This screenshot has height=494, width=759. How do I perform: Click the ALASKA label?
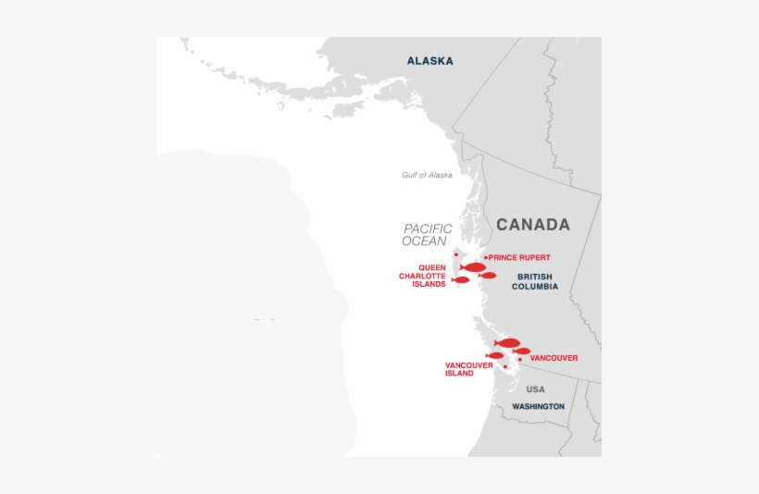coord(429,61)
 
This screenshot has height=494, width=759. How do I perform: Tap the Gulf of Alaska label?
coord(427,175)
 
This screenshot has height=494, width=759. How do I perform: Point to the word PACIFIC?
coord(428,228)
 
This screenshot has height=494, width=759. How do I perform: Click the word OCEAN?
coord(424,241)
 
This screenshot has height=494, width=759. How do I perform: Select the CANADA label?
coord(532,225)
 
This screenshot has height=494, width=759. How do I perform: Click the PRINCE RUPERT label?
coord(519,257)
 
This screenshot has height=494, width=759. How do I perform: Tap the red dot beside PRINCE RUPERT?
coord(486,257)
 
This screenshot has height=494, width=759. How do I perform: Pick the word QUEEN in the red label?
coord(432,267)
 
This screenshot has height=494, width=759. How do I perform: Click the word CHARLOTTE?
coord(422,276)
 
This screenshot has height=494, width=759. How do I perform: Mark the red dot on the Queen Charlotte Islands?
coord(455,254)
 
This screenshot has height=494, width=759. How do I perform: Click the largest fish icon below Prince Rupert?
coord(474,267)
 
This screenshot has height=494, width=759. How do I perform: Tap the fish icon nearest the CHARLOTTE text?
coord(460,279)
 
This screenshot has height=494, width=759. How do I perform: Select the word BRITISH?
coord(534,277)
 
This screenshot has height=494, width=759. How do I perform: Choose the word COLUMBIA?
coord(534,287)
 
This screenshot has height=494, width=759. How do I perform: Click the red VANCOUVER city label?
coord(554,358)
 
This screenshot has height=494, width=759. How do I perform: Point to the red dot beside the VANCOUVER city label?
coord(520,359)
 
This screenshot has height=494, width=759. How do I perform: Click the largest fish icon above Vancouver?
coord(507,343)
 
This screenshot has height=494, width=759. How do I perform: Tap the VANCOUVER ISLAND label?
coord(467,369)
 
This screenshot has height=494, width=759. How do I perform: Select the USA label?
coord(535,389)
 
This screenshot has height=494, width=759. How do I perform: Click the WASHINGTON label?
coord(538,406)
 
